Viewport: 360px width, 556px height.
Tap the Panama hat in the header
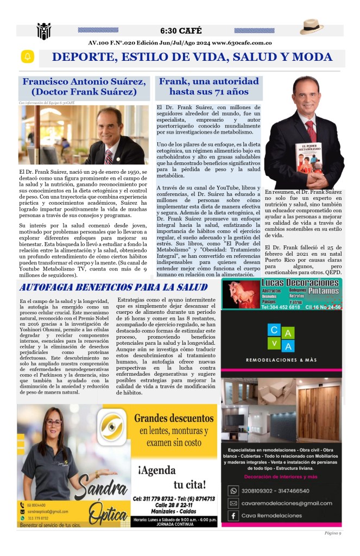point(312,27)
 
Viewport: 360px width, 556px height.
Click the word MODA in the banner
point(311,57)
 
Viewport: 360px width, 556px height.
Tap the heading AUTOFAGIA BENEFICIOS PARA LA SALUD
point(113,287)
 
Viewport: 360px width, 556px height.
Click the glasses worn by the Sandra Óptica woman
point(54,422)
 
